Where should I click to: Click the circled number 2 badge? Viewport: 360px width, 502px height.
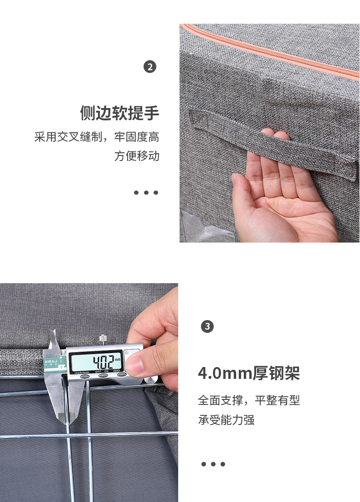(x=150, y=67)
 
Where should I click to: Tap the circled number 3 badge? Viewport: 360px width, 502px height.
(x=207, y=326)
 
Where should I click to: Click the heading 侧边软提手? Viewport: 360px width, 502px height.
(x=119, y=113)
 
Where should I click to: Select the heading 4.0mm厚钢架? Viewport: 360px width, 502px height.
(x=249, y=373)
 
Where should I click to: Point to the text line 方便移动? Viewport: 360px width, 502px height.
(x=137, y=156)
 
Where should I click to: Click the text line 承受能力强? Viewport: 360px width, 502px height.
(x=226, y=420)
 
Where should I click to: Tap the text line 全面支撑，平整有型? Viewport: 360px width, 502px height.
(x=249, y=400)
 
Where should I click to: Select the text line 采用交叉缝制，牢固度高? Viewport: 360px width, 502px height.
(x=97, y=137)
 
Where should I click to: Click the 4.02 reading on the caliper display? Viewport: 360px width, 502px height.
(x=103, y=362)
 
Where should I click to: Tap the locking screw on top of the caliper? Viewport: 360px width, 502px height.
(x=103, y=339)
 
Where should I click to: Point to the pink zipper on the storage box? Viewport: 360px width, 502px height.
(x=269, y=51)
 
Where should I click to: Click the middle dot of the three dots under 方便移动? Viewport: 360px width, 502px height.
(x=146, y=193)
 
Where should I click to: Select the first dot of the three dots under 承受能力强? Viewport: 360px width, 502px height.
(x=204, y=464)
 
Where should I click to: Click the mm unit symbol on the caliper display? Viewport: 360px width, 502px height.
(x=118, y=360)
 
